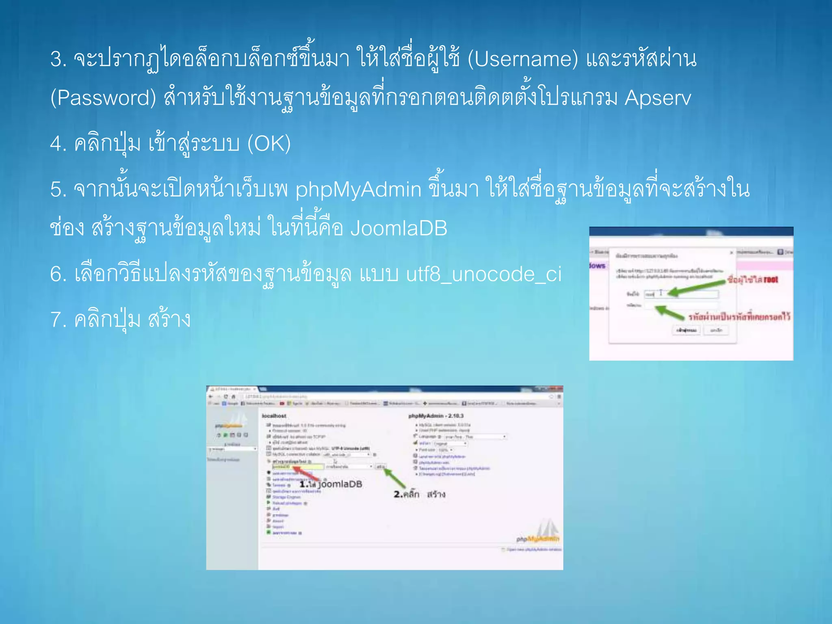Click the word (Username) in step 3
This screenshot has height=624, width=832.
522,59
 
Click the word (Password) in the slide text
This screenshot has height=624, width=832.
103,98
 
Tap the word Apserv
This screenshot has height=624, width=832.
658,98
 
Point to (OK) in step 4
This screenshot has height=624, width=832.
269,144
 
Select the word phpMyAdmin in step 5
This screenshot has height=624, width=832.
358,190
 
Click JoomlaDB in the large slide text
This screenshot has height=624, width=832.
399,228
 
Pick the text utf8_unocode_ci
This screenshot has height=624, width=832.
484,274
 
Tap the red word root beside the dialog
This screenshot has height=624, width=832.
771,279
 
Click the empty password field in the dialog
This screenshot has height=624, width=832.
680,305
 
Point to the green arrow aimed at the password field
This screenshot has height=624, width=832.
670,312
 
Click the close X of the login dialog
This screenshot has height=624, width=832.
731,253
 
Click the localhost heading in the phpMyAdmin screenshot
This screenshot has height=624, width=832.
274,416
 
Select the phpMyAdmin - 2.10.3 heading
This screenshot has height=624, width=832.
435,416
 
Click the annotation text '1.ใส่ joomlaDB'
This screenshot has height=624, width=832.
331,484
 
